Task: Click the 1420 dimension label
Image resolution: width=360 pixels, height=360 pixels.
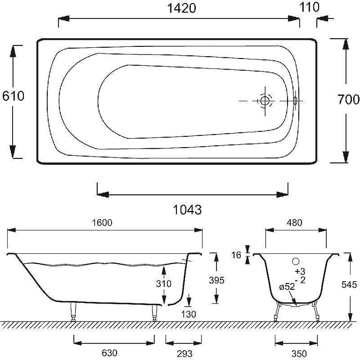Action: pyautogui.click(x=181, y=8)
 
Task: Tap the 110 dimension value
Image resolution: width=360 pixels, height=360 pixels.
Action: pyautogui.click(x=309, y=7)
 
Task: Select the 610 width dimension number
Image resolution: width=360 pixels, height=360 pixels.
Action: pyautogui.click(x=13, y=96)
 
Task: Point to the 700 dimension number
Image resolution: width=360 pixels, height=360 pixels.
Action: pyautogui.click(x=348, y=99)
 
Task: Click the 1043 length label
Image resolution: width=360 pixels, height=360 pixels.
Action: pyautogui.click(x=187, y=210)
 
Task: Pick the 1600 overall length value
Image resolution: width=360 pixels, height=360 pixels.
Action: pyautogui.click(x=102, y=222)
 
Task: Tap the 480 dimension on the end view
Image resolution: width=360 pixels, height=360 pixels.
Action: pyautogui.click(x=295, y=222)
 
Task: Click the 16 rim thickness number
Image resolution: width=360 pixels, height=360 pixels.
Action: pyautogui.click(x=236, y=255)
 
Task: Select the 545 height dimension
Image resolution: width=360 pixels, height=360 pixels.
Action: pyautogui.click(x=349, y=285)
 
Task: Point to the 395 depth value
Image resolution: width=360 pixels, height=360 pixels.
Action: pyautogui.click(x=216, y=280)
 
